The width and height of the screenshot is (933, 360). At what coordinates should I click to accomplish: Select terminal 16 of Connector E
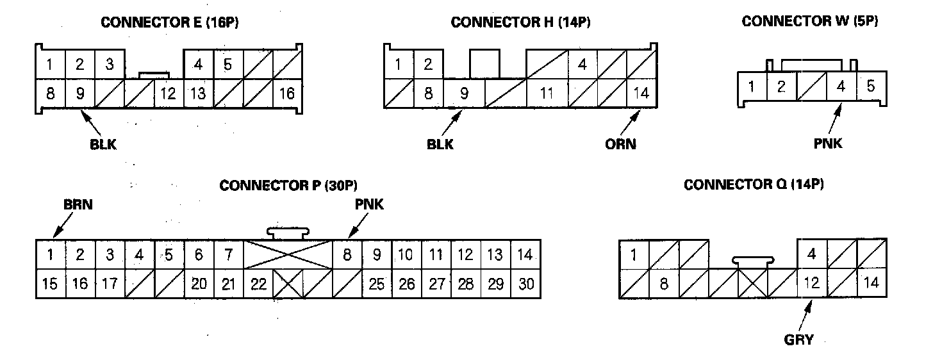tap(287, 94)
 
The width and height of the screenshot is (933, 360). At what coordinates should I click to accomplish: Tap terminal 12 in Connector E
tap(169, 94)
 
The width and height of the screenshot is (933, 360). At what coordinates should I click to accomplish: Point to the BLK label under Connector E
tap(103, 144)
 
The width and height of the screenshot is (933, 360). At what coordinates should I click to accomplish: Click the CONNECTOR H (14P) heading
tap(520, 22)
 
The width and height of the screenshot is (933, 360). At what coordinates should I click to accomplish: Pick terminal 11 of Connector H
tap(546, 93)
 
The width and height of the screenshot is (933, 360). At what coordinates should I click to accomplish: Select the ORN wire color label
tap(622, 144)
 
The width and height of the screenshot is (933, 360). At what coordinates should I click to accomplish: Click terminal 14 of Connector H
tap(641, 93)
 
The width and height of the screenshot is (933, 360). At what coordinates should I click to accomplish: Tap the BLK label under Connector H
tap(440, 144)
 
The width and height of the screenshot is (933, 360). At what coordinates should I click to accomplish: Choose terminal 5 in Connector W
tap(871, 86)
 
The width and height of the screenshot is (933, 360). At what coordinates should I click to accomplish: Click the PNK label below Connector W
tap(828, 144)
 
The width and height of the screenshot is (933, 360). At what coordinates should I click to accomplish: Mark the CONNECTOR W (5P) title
tap(810, 21)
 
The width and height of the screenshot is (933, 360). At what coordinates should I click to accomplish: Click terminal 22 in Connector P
tap(258, 283)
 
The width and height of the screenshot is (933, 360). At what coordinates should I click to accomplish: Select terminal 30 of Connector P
tap(526, 283)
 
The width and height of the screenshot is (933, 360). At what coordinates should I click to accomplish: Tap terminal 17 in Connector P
tap(110, 283)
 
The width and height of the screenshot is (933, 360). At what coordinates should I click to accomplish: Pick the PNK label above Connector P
tap(370, 205)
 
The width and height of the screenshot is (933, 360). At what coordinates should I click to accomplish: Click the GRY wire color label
tap(798, 340)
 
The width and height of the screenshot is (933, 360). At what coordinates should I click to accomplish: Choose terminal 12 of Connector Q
tap(812, 283)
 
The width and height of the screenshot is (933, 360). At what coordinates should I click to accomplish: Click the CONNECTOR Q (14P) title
tap(754, 185)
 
